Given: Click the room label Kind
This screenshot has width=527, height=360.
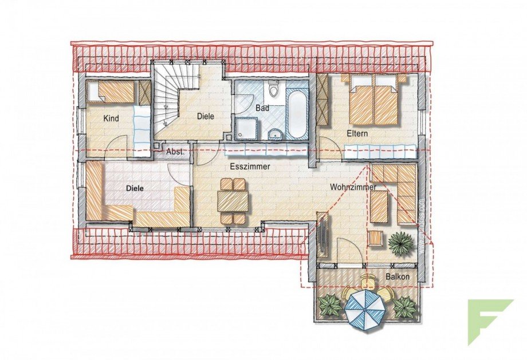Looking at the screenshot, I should coord(111,118).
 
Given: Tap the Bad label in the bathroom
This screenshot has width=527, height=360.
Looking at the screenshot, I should coord(263,107).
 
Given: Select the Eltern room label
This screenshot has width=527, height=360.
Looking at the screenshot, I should coord(357,133).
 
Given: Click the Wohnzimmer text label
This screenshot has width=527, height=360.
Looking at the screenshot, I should coord(353,187).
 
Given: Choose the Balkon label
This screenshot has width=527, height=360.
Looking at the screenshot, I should coord(398,277).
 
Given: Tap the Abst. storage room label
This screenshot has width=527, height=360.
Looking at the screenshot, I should coord(175,152).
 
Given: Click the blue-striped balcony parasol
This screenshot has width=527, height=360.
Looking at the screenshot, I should coord(365,308).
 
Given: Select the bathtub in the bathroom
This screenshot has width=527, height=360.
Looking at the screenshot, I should coord(297,114).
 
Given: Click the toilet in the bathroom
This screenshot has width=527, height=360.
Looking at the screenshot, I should coord(273,90).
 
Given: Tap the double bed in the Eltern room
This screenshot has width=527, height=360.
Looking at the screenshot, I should coord(373,102).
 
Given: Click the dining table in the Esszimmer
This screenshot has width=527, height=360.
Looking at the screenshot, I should coord(233,201).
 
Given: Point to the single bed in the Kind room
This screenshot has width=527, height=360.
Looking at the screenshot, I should coord(114,92).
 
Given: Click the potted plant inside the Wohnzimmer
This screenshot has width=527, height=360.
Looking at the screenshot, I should coord(399,243).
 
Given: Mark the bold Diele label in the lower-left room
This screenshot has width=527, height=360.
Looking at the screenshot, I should coord(135,187).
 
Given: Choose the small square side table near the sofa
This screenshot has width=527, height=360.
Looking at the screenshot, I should coord(376,237).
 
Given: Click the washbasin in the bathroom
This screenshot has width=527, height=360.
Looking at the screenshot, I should coord(276,134).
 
